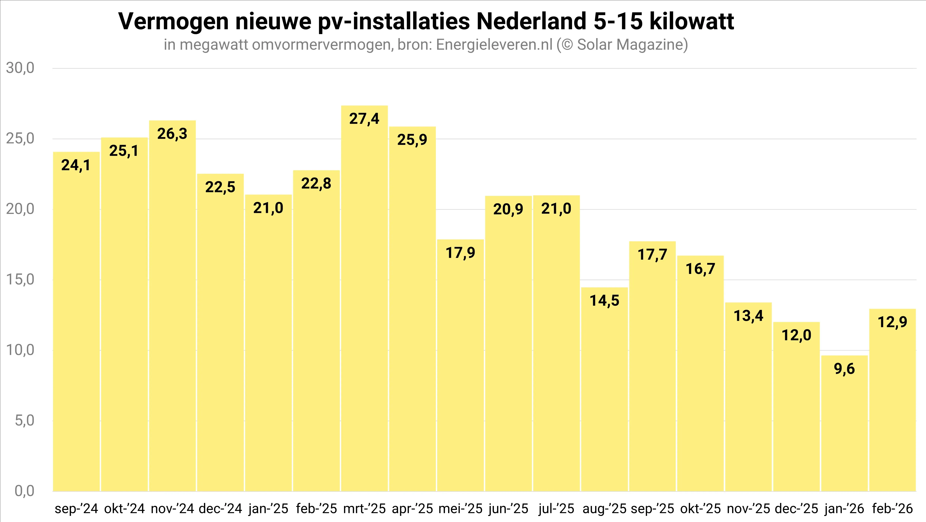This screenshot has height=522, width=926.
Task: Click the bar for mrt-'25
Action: coord(364,298)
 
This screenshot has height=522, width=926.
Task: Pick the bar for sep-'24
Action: coord(76,322)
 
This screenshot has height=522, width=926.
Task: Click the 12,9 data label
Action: coord(892,322)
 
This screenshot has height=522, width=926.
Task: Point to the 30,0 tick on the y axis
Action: coord(20,68)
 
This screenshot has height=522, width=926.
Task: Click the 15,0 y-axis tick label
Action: coord(20,280)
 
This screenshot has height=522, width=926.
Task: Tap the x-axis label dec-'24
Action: coord(220,509)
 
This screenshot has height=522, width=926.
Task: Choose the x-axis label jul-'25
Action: coord(556,509)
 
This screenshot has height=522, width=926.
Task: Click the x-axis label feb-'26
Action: coord(892,509)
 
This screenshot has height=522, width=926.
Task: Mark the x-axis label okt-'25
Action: coord(700,509)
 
